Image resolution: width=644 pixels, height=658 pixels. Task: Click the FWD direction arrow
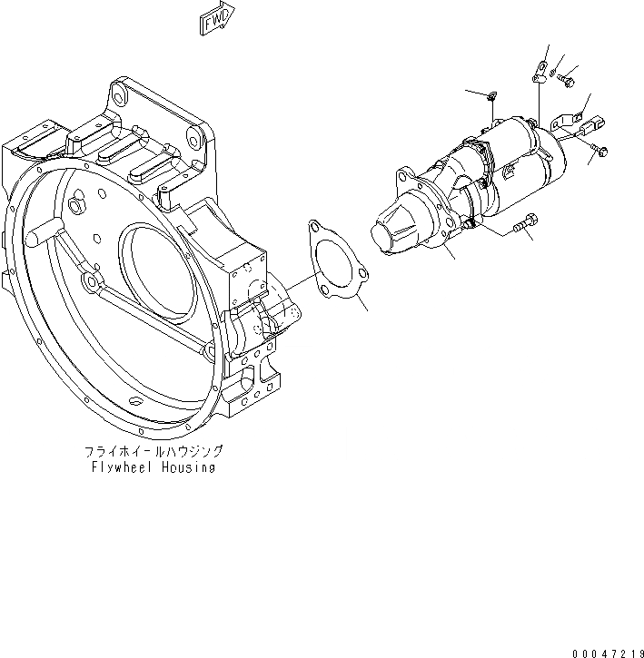tap(216, 19)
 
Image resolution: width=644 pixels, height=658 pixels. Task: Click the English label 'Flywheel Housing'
tap(154, 467)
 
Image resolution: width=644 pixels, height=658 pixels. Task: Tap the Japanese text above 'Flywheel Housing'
tap(153, 451)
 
